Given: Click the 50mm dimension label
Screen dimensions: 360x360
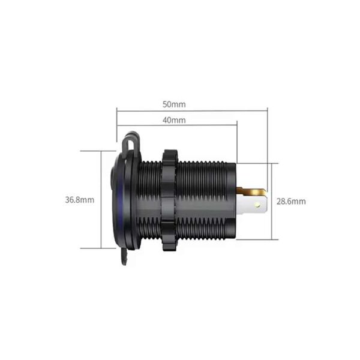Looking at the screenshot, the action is pyautogui.click(x=174, y=104).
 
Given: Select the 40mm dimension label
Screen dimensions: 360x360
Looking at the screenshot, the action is pyautogui.click(x=174, y=120).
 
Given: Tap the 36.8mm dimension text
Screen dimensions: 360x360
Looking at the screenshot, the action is pyautogui.click(x=80, y=200).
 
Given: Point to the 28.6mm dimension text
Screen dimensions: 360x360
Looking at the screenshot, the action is pyautogui.click(x=291, y=202).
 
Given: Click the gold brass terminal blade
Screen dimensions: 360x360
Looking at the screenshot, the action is pyautogui.click(x=251, y=191).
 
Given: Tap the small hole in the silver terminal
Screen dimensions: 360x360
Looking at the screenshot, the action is pyautogui.click(x=258, y=204).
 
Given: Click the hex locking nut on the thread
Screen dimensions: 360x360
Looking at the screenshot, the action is pyautogui.click(x=169, y=200).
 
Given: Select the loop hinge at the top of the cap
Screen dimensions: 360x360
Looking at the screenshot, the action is pyautogui.click(x=130, y=141).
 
